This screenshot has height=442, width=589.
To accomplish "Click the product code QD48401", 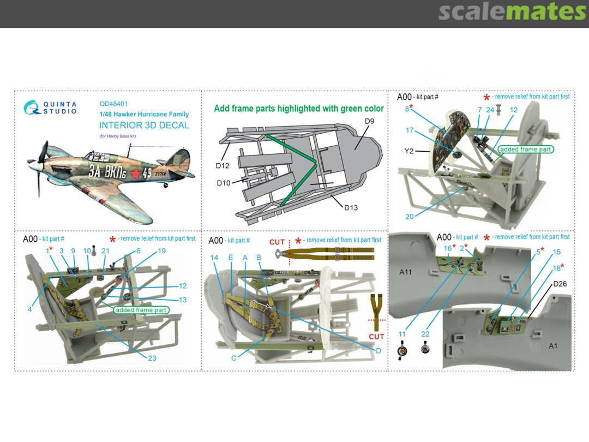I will coord(113,103).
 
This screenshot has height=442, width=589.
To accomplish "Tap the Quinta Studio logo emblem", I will coord(32,107).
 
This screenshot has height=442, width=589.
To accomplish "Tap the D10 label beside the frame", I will coord(224,182).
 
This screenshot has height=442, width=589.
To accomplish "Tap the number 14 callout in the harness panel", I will coord(214,258).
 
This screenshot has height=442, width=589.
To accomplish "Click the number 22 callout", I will coord(425,333).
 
